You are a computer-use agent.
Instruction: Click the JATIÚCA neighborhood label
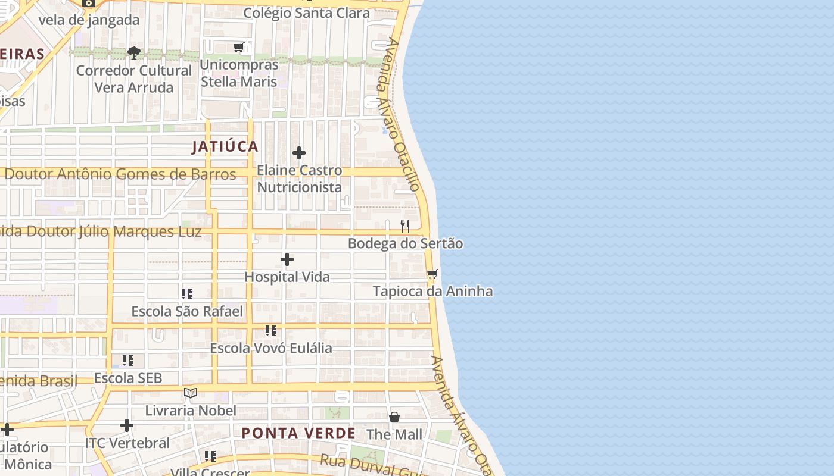(225, 147)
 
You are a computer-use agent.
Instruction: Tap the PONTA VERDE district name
(298, 433)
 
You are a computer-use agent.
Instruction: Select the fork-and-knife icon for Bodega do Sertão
(405, 226)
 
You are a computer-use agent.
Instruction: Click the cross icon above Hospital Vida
(287, 259)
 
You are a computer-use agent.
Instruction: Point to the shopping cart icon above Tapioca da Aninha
(432, 274)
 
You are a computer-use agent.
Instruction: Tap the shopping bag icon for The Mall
(394, 417)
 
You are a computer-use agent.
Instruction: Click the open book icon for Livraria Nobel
(191, 393)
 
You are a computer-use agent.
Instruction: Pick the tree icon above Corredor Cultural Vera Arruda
(134, 53)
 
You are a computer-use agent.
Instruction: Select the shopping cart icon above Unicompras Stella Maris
(239, 48)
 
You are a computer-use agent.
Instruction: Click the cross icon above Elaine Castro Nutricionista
(299, 153)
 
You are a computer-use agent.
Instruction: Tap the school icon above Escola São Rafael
(187, 294)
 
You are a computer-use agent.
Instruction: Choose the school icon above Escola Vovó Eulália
(271, 331)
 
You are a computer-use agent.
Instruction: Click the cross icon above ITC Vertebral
(127, 425)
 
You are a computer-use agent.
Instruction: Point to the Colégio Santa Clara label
(306, 13)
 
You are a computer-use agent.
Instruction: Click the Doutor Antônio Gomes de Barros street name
(120, 174)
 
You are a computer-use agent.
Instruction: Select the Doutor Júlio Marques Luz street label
(101, 231)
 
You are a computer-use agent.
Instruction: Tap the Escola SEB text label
(128, 378)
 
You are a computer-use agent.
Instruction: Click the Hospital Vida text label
(287, 277)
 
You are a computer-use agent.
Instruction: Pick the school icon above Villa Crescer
(210, 456)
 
